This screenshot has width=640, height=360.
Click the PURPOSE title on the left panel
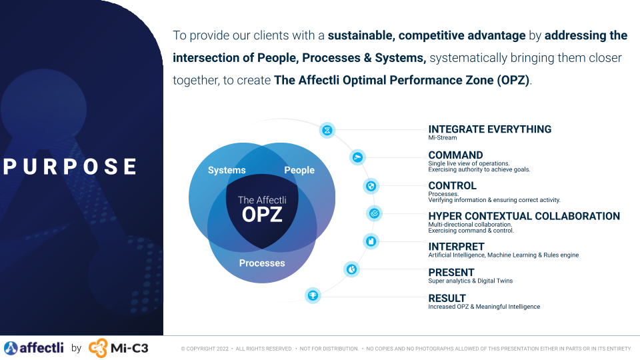[x=71, y=167]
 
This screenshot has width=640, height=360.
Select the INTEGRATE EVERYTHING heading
[x=489, y=129]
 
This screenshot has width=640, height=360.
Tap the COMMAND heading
[x=455, y=155]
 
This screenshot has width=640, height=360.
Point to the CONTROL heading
[x=452, y=186]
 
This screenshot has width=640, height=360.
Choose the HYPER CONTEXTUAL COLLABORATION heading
[x=523, y=216]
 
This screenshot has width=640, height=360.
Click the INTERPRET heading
[x=456, y=247]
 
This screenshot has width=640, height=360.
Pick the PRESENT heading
[x=451, y=272]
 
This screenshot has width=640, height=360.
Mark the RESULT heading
[x=447, y=298]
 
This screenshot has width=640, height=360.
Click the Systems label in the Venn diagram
[x=227, y=170]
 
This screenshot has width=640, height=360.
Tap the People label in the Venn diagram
[x=299, y=170]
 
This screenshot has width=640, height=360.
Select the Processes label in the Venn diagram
[x=262, y=263]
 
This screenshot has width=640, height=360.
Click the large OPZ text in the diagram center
[x=262, y=215]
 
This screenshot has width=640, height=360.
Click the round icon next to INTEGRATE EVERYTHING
[x=327, y=130]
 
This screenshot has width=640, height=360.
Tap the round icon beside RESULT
[x=312, y=295]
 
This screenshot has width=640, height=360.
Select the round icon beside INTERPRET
[x=371, y=241]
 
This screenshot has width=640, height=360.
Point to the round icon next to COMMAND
[x=358, y=157]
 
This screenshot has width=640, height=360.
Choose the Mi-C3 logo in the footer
[x=118, y=347]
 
